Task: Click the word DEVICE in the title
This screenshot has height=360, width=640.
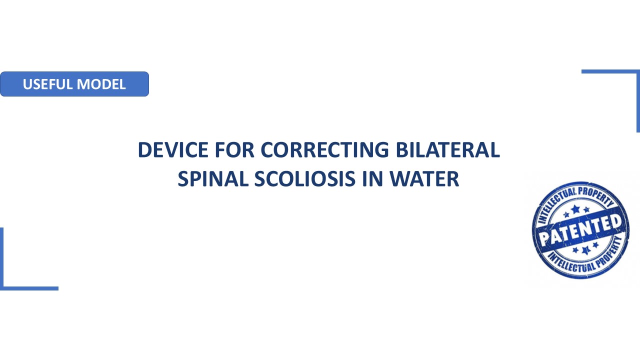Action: coord(173,149)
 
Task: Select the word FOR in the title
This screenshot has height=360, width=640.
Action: coord(234,149)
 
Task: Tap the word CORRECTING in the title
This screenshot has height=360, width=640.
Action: coord(324,149)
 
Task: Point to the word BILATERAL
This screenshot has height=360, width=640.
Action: coord(447,149)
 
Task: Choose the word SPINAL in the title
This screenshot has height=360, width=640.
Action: coord(213,179)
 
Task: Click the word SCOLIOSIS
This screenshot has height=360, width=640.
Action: coord(305,179)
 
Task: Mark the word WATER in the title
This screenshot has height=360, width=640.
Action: coord(424,179)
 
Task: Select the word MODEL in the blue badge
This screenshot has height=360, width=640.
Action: coord(101,84)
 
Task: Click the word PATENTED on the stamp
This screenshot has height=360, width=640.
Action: coord(580,230)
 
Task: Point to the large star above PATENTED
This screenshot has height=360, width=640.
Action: coord(575,209)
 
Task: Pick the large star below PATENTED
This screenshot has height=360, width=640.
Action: coord(586,250)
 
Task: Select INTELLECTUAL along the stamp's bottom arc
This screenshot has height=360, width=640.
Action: coord(571,263)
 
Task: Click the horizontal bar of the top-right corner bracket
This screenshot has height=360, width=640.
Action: coord(610,71)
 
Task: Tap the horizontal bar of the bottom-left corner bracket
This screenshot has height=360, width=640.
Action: coord(29,288)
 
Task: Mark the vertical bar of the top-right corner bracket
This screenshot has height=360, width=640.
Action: coord(638,101)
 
